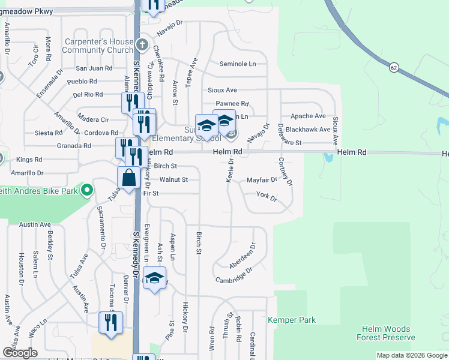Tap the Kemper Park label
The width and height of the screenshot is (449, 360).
pos(291,320)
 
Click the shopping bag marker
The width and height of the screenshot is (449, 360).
pos(129,177)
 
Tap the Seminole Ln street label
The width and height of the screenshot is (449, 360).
pos(237,64)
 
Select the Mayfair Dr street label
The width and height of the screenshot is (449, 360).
pos(262,179)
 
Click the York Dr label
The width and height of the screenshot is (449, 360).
pos(266,196)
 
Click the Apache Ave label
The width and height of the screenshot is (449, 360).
pos(307,116)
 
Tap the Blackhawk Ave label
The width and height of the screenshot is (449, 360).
pos(308,129)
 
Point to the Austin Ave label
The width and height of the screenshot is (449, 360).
pos(34,224)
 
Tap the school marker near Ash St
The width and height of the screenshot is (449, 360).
pos(155,278)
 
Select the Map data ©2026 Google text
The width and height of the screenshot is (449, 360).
pos(412,355)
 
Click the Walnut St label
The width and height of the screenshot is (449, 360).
pos(173,179)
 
